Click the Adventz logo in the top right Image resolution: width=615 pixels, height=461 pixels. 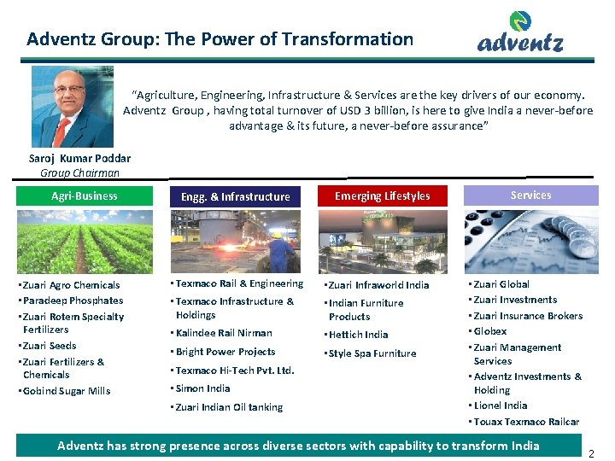pyautogui.click(x=520, y=34)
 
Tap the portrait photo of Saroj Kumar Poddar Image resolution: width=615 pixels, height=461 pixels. pyautogui.click(x=73, y=108)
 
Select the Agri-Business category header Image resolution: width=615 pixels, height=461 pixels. pyautogui.click(x=85, y=195)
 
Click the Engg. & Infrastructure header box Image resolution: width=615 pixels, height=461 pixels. pyautogui.click(x=235, y=196)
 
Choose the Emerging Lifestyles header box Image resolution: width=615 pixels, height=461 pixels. pyautogui.click(x=382, y=195)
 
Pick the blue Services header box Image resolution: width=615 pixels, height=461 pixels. pyautogui.click(x=530, y=195)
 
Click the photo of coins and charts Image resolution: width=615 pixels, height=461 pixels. pyautogui.click(x=530, y=241)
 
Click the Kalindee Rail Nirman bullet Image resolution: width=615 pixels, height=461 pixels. pyautogui.click(x=224, y=333)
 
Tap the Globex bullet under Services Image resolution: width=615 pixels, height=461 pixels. pyautogui.click(x=489, y=331)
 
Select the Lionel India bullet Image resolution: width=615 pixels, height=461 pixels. pyautogui.click(x=500, y=406)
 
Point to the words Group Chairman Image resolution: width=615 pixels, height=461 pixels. pyautogui.click(x=80, y=172)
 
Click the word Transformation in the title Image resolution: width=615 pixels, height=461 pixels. pyautogui.click(x=348, y=38)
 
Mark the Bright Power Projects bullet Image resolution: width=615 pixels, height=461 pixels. pyautogui.click(x=225, y=352)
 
